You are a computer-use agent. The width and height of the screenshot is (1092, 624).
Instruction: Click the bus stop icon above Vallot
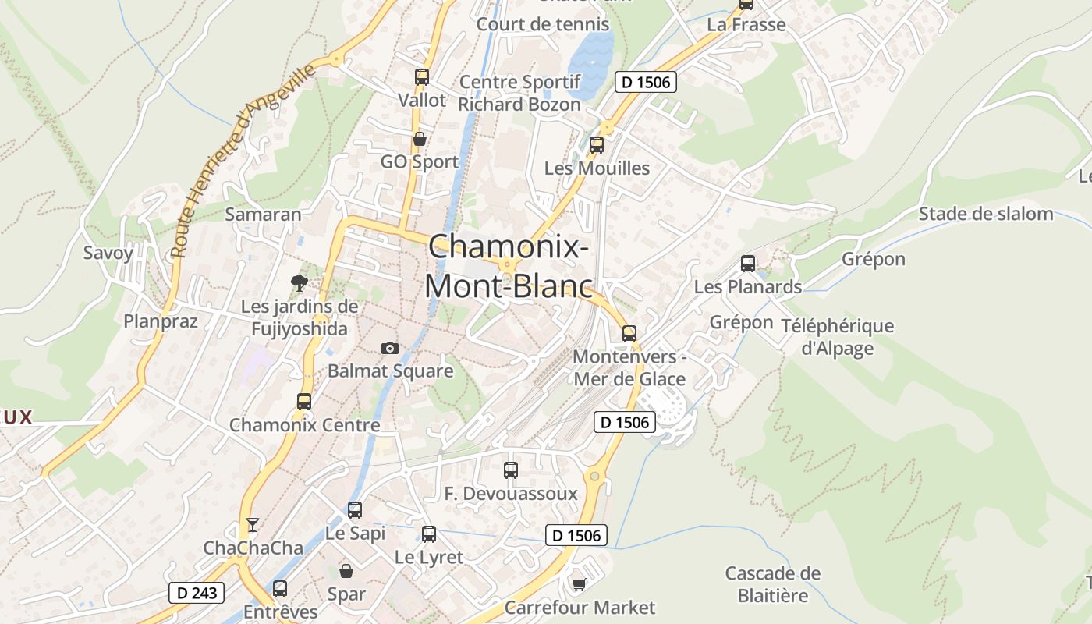tap(422, 77)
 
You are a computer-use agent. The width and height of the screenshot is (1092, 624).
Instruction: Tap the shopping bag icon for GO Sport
tap(420, 139)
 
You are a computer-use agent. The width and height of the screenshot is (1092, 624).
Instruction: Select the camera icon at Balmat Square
tap(390, 348)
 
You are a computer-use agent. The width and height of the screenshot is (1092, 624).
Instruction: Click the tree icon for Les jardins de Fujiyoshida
tap(299, 283)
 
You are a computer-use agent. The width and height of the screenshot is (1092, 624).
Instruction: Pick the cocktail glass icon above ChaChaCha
tap(253, 524)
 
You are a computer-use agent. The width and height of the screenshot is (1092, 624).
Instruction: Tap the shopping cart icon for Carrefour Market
tap(579, 584)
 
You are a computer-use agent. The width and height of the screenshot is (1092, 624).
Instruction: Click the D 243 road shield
tap(197, 593)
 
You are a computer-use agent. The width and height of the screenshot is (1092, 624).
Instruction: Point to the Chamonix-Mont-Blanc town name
tap(507, 266)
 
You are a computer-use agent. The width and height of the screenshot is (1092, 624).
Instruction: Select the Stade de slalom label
tap(986, 214)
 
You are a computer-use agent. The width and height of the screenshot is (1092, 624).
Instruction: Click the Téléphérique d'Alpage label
tap(837, 337)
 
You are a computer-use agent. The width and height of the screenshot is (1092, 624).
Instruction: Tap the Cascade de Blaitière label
tap(773, 584)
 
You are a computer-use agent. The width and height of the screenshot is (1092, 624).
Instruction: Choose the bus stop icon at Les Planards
tap(748, 264)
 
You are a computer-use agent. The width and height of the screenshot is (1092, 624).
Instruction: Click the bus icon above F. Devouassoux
tap(511, 470)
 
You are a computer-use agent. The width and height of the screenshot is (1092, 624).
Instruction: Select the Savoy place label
tap(108, 253)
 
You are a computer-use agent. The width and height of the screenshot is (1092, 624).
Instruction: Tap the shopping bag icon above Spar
tap(346, 572)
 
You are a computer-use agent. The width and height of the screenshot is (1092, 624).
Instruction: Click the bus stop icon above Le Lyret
tap(429, 534)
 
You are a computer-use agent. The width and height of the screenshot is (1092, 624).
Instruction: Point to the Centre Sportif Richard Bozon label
tap(519, 93)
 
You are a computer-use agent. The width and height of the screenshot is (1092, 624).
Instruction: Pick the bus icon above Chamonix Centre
tap(304, 402)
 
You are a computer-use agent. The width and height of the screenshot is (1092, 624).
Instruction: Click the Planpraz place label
tap(161, 321)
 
